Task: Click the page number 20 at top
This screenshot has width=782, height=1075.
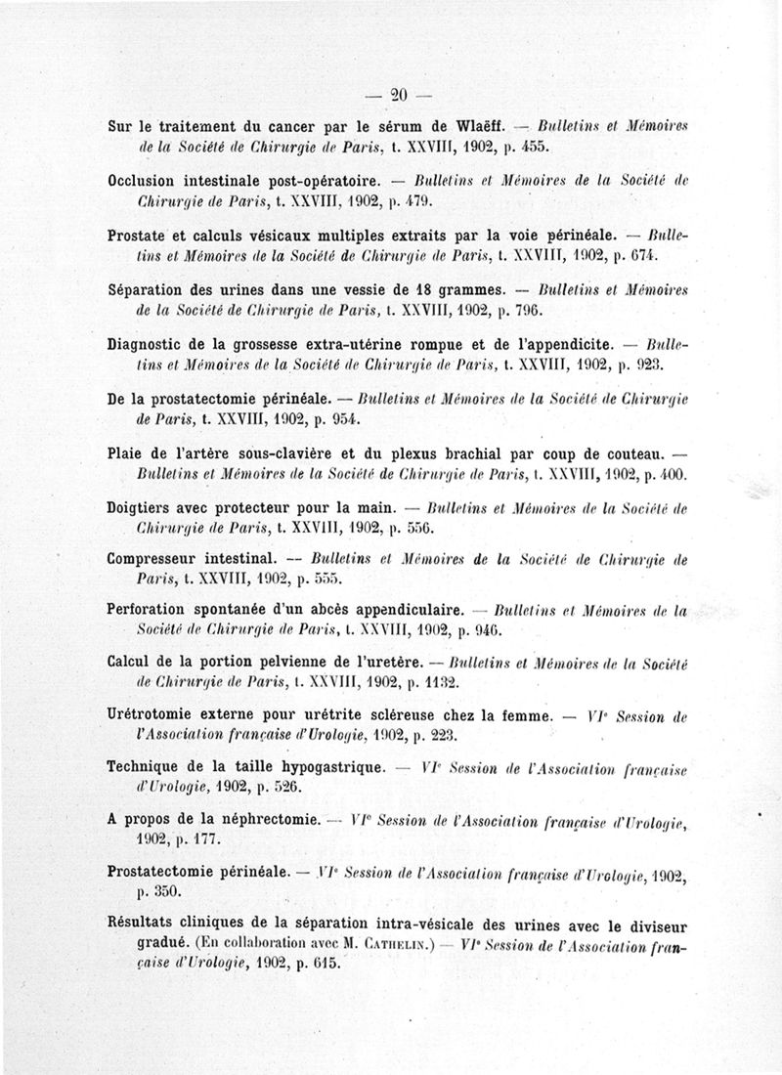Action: pos(398,95)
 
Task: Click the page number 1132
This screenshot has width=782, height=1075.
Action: pos(446,682)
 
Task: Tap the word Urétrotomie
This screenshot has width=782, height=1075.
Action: pos(157,715)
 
